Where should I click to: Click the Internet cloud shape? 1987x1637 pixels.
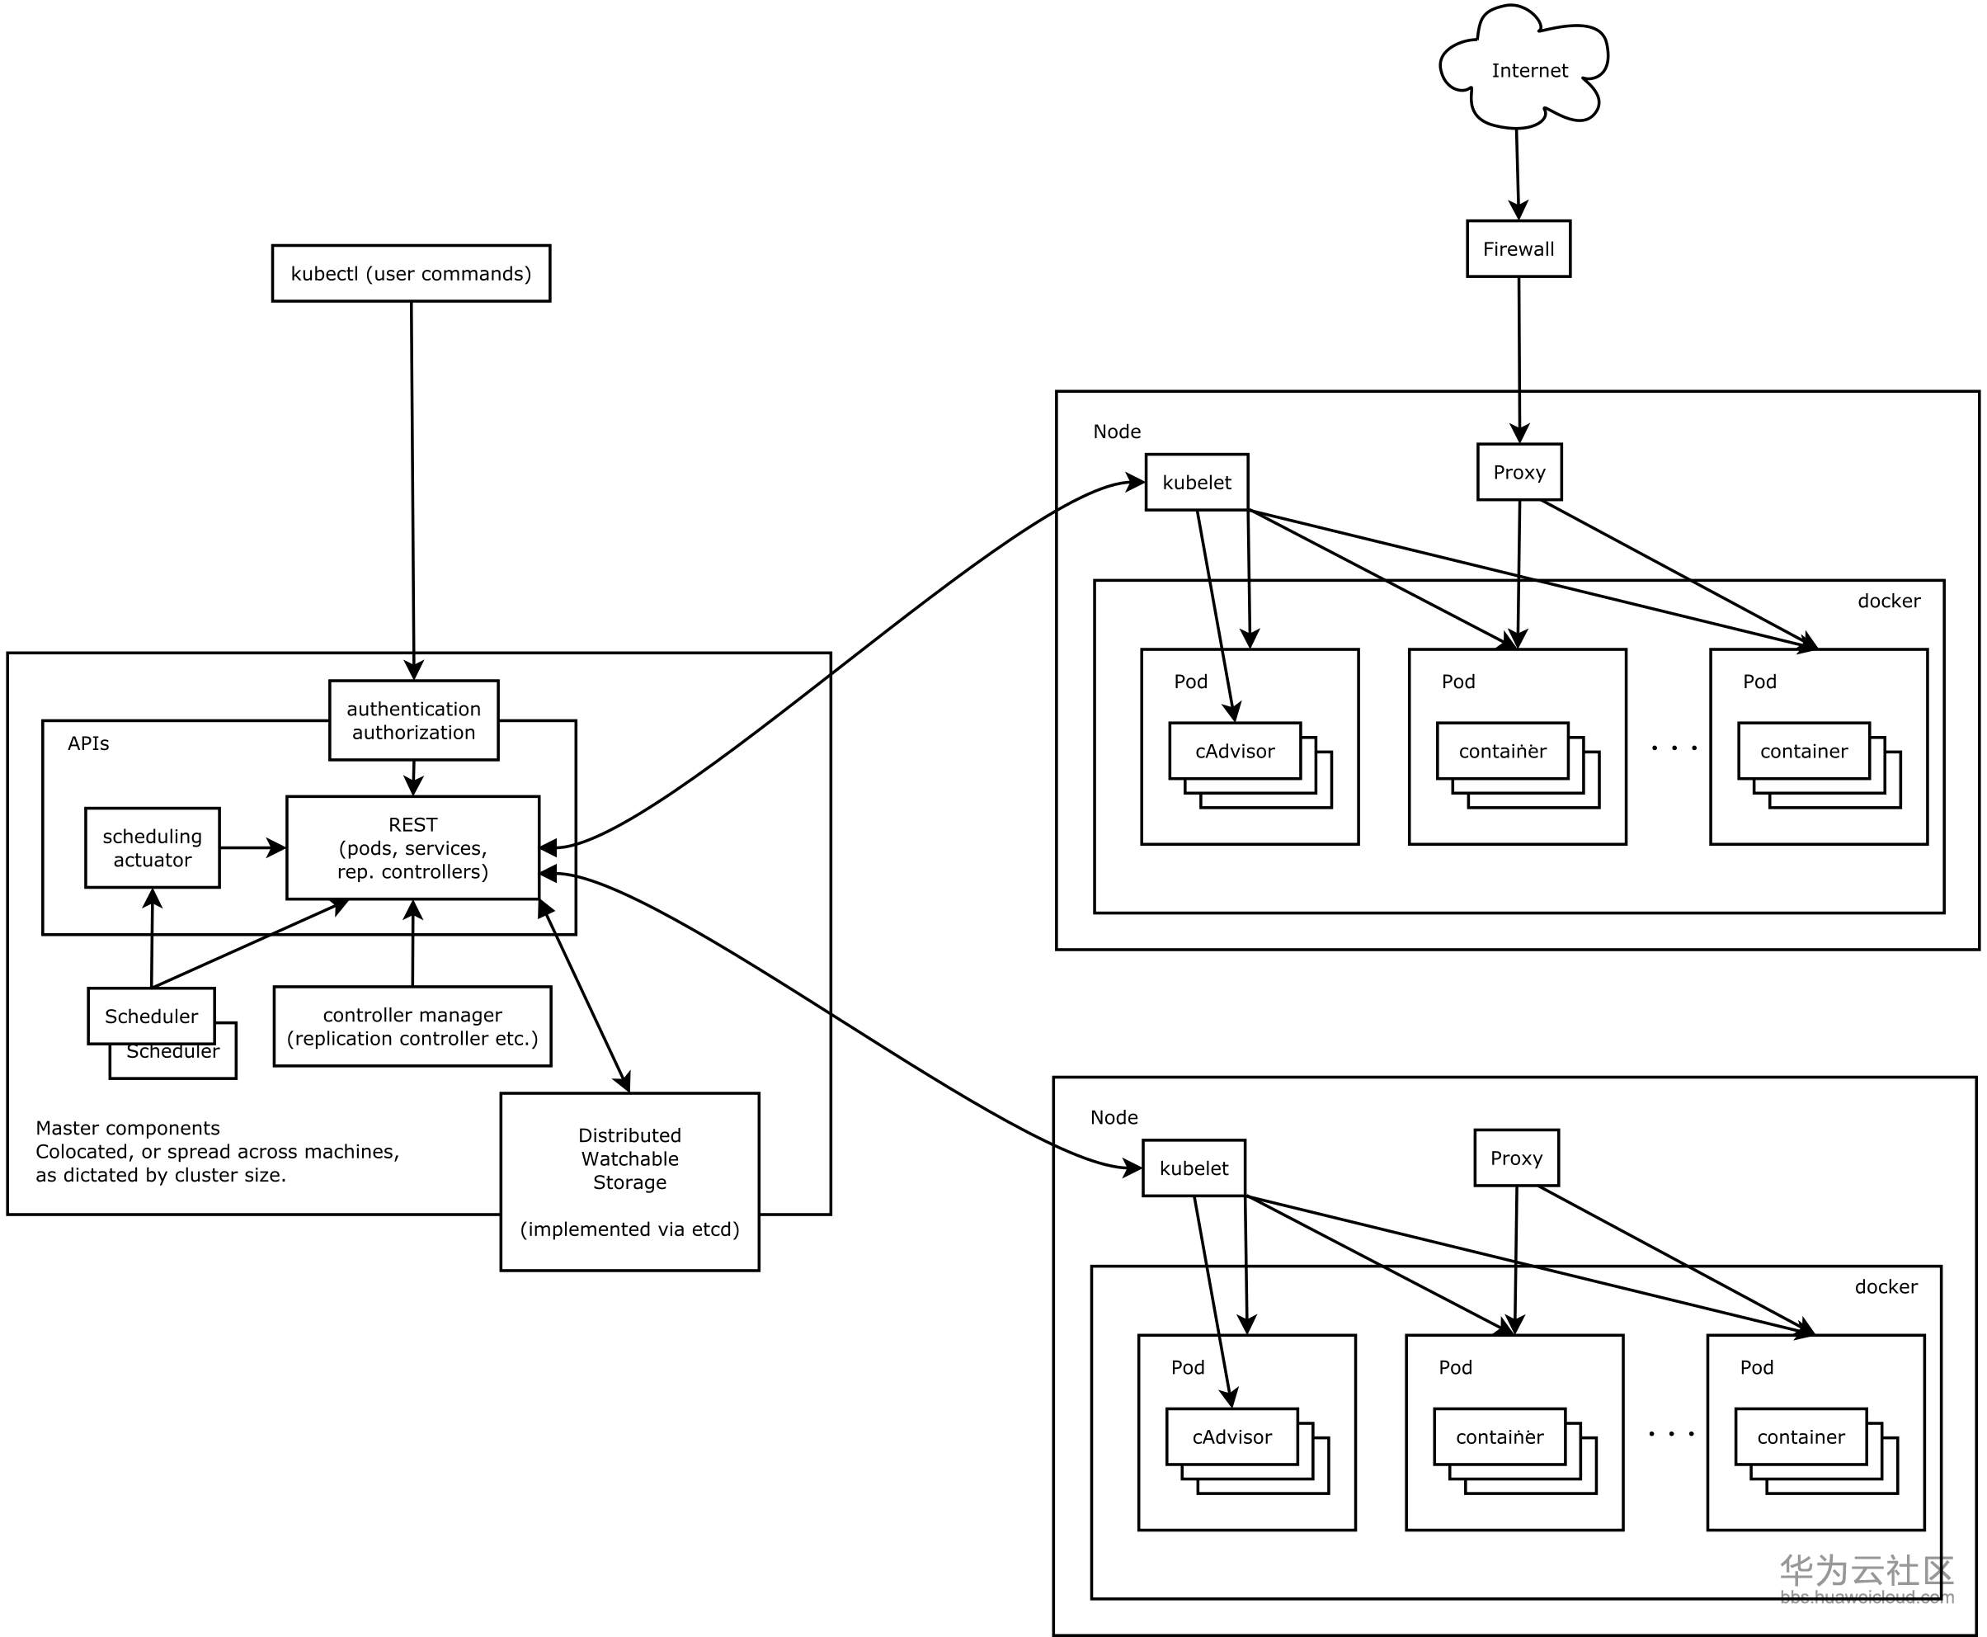(1527, 71)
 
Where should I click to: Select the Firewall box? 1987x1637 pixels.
(1518, 249)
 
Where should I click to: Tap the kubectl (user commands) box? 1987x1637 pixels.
(411, 273)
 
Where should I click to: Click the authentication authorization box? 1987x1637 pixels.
(414, 720)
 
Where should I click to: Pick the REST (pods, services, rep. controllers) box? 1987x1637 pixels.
(413, 847)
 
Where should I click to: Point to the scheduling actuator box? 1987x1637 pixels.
(153, 847)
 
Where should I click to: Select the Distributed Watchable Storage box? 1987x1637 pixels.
(629, 1182)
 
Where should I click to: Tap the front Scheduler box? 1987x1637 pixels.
(151, 1016)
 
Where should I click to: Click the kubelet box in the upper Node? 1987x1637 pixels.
(1196, 483)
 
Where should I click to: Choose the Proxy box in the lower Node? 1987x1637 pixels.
(1516, 1158)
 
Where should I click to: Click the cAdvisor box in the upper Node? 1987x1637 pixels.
(1235, 752)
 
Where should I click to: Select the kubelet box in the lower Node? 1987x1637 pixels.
(1194, 1168)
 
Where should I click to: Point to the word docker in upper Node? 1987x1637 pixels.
(1888, 601)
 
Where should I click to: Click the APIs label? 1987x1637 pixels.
(88, 744)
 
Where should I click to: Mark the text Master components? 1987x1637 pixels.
(128, 1129)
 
